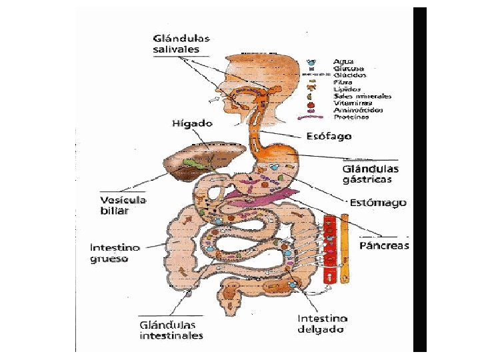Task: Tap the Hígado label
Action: pyautogui.click(x=192, y=123)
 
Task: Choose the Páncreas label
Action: pyautogui.click(x=384, y=245)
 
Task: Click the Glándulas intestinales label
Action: pyautogui.click(x=171, y=330)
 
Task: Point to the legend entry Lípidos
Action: pyautogui.click(x=347, y=89)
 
